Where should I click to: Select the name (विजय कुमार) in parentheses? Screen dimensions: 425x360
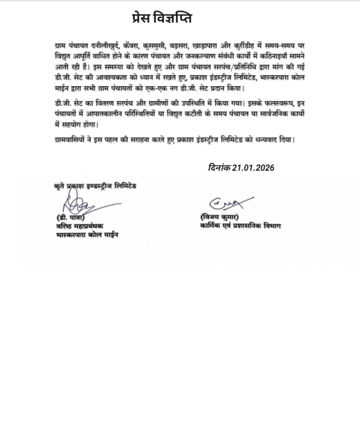tap(220, 217)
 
